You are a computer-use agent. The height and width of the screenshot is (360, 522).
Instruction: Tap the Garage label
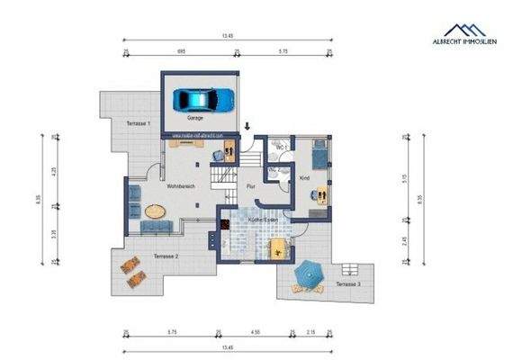(194, 118)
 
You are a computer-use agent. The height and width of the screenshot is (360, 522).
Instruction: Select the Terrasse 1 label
(136, 121)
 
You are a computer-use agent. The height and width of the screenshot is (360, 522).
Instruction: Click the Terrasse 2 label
(165, 256)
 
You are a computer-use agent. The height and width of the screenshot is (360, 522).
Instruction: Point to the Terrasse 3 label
(348, 284)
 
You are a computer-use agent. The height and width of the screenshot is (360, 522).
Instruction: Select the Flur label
(252, 186)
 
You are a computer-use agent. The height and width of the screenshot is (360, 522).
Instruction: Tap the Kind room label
(304, 177)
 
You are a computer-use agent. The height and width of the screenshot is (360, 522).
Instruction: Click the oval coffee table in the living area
(157, 213)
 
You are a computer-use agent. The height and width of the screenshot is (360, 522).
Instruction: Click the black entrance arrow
(248, 134)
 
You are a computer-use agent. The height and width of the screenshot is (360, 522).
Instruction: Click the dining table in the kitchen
(279, 249)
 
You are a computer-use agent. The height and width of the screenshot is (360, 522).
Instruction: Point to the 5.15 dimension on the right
(408, 177)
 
